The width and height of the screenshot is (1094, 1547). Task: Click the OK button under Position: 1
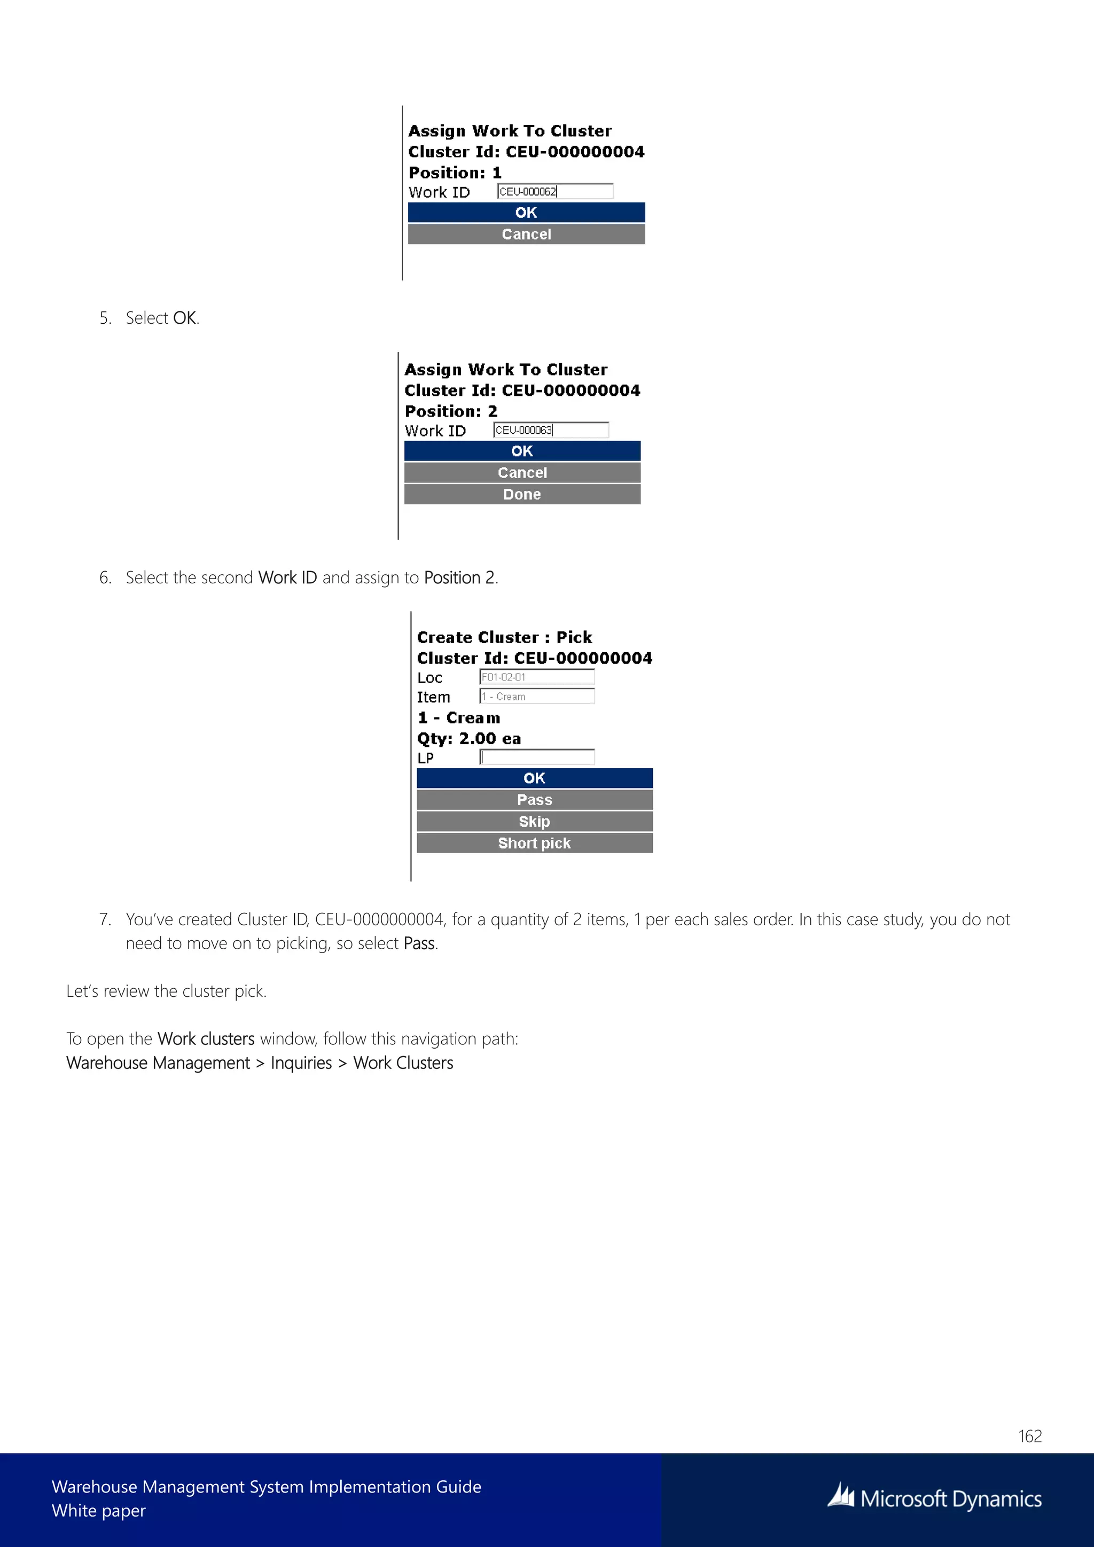pyautogui.click(x=526, y=212)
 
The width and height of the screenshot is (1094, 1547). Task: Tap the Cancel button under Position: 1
pyautogui.click(x=526, y=234)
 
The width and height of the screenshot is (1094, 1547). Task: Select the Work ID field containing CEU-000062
pyautogui.click(x=554, y=191)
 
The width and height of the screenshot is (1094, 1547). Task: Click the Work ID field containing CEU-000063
pyautogui.click(x=550, y=430)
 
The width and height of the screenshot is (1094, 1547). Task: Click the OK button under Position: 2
pyautogui.click(x=522, y=451)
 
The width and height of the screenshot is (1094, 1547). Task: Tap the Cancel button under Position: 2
pyautogui.click(x=522, y=472)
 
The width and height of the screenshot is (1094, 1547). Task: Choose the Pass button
pyautogui.click(x=534, y=800)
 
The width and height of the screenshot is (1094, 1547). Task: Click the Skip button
pyautogui.click(x=534, y=822)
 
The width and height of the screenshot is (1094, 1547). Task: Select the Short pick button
pyautogui.click(x=534, y=843)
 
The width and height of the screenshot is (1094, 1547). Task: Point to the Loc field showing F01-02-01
pyautogui.click(x=537, y=676)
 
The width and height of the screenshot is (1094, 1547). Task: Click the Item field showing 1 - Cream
pyautogui.click(x=537, y=696)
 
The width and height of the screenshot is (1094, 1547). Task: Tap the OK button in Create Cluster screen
pyautogui.click(x=534, y=778)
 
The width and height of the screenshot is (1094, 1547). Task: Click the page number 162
pyautogui.click(x=1029, y=1436)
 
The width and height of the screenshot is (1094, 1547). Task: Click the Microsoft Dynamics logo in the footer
pyautogui.click(x=934, y=1498)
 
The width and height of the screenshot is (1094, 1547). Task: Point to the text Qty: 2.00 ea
pyautogui.click(x=469, y=738)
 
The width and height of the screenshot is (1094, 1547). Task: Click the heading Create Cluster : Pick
pyautogui.click(x=504, y=637)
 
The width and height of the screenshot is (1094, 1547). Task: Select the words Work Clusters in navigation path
pyautogui.click(x=403, y=1062)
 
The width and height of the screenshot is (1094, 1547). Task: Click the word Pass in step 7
pyautogui.click(x=419, y=943)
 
